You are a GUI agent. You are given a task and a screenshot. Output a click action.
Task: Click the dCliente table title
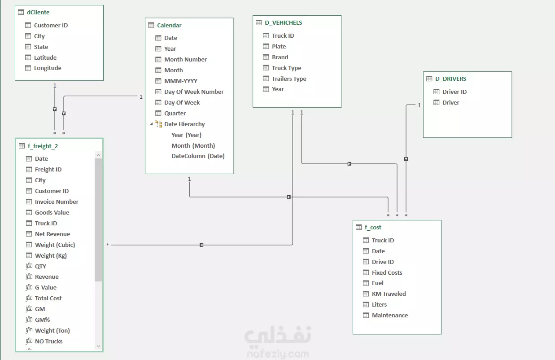point(38,12)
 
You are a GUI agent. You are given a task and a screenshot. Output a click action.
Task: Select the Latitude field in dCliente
point(45,57)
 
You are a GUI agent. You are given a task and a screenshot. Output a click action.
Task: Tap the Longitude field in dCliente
point(48,68)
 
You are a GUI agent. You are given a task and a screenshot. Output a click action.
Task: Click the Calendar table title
point(169,25)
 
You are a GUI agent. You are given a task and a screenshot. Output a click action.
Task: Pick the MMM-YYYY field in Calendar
point(181,81)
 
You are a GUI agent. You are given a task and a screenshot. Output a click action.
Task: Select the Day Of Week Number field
point(194,92)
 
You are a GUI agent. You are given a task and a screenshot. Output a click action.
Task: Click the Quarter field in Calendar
point(175,113)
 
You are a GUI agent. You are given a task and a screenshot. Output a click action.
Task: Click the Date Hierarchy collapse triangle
point(151,124)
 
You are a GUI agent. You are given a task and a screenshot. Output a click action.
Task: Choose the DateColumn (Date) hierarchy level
point(198,156)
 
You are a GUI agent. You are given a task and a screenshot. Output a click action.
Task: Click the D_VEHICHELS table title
point(283,23)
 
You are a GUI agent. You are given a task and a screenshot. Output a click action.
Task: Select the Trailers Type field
point(289,79)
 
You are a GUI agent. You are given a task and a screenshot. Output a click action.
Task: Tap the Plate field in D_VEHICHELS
point(279,46)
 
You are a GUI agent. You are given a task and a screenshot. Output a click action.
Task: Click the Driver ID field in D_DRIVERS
point(454,92)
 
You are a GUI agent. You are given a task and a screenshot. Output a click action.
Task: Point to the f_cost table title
point(373,227)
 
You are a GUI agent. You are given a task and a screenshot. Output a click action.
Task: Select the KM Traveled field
point(389,294)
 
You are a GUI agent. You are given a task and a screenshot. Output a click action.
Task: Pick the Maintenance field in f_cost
point(390,316)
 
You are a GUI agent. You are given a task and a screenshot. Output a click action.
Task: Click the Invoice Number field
point(57,202)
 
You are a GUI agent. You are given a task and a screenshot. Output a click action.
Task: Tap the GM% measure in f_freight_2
point(42,320)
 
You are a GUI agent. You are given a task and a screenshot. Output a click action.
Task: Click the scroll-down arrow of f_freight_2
point(98,346)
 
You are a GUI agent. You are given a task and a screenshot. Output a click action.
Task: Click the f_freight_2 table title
point(43,146)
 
